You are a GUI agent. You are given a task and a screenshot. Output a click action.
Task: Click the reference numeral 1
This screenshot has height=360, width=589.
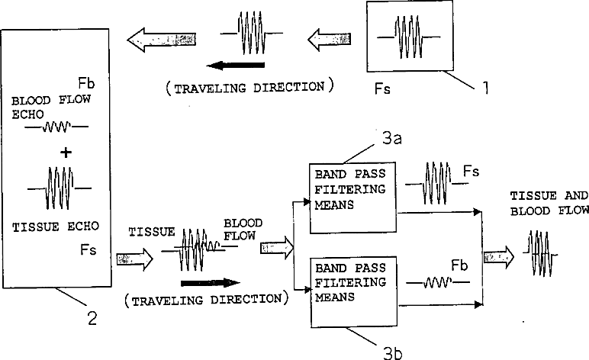(x=485, y=88)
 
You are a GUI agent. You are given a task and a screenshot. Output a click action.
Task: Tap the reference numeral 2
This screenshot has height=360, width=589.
(x=92, y=318)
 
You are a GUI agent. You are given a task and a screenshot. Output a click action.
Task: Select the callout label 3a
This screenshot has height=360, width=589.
(x=392, y=139)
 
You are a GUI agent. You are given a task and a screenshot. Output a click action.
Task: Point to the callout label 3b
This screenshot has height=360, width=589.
(x=393, y=353)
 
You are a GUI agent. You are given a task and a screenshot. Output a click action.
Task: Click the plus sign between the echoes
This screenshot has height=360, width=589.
(x=66, y=153)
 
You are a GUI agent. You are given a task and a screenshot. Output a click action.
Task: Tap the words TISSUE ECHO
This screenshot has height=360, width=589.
(x=56, y=227)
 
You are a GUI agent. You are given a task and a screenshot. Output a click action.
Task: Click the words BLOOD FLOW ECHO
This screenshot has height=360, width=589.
(x=50, y=107)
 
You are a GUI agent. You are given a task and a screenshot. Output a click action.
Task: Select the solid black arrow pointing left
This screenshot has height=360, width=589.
(x=236, y=66)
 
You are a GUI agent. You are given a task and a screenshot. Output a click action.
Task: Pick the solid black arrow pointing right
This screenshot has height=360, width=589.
(x=210, y=283)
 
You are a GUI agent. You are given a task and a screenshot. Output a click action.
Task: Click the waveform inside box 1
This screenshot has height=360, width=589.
(x=409, y=37)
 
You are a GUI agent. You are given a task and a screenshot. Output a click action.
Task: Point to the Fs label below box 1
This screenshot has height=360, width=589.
(x=382, y=88)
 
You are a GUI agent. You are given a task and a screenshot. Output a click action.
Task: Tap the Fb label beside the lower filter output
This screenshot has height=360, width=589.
(x=459, y=265)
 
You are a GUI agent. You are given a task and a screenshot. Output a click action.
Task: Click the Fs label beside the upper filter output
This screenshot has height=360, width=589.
(x=471, y=172)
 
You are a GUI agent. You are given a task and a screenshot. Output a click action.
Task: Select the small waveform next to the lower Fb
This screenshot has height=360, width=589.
(x=438, y=282)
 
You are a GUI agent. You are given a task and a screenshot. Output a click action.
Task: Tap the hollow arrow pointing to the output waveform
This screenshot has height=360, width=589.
(x=499, y=257)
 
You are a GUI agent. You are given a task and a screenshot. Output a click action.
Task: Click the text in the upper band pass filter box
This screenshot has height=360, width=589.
(x=350, y=189)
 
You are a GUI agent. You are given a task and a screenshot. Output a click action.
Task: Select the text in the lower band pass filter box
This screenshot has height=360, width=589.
(x=350, y=282)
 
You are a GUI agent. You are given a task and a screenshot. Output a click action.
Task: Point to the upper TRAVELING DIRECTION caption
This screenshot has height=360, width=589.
(x=249, y=88)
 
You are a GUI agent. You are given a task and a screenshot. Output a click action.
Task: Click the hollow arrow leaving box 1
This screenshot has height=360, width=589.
(x=330, y=39)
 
